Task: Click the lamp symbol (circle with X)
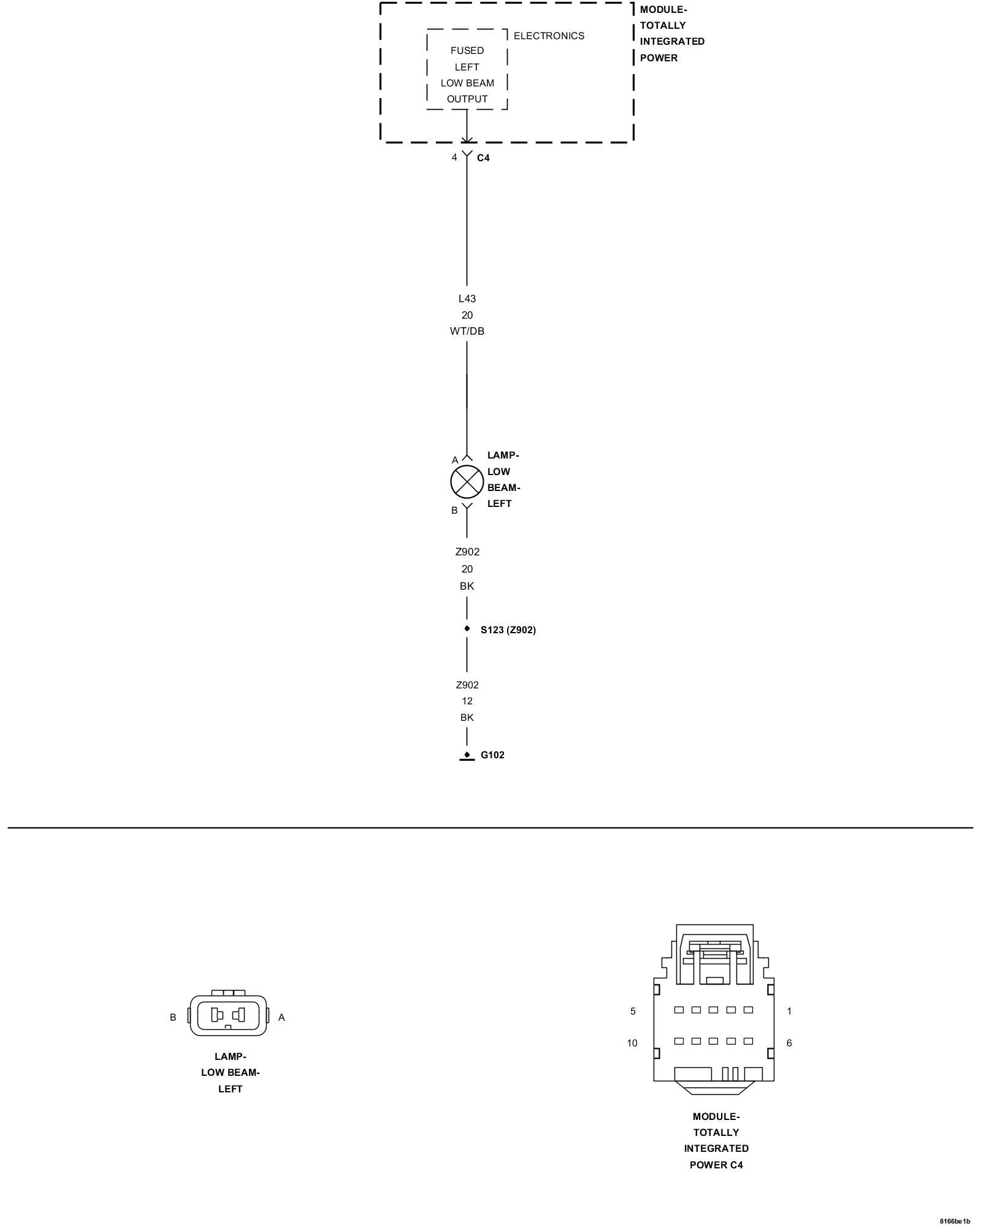click(x=467, y=482)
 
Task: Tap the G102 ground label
click(x=492, y=755)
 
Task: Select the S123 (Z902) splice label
click(x=508, y=630)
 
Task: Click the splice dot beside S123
click(x=467, y=628)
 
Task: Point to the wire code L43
click(x=467, y=299)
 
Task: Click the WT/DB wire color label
click(x=467, y=331)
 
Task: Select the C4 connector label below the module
click(x=483, y=158)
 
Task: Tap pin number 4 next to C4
click(x=454, y=158)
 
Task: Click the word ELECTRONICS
click(x=549, y=36)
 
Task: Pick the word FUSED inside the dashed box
click(x=467, y=50)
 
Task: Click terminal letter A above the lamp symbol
click(x=455, y=460)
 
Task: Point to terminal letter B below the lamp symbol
click(x=454, y=510)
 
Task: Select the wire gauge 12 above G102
click(x=467, y=701)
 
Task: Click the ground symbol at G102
click(x=467, y=757)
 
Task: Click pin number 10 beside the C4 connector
click(x=632, y=1043)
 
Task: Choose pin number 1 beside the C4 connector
click(x=789, y=1011)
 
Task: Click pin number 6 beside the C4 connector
click(x=789, y=1043)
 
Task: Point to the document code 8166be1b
click(x=955, y=1221)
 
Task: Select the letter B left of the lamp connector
click(x=173, y=1017)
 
